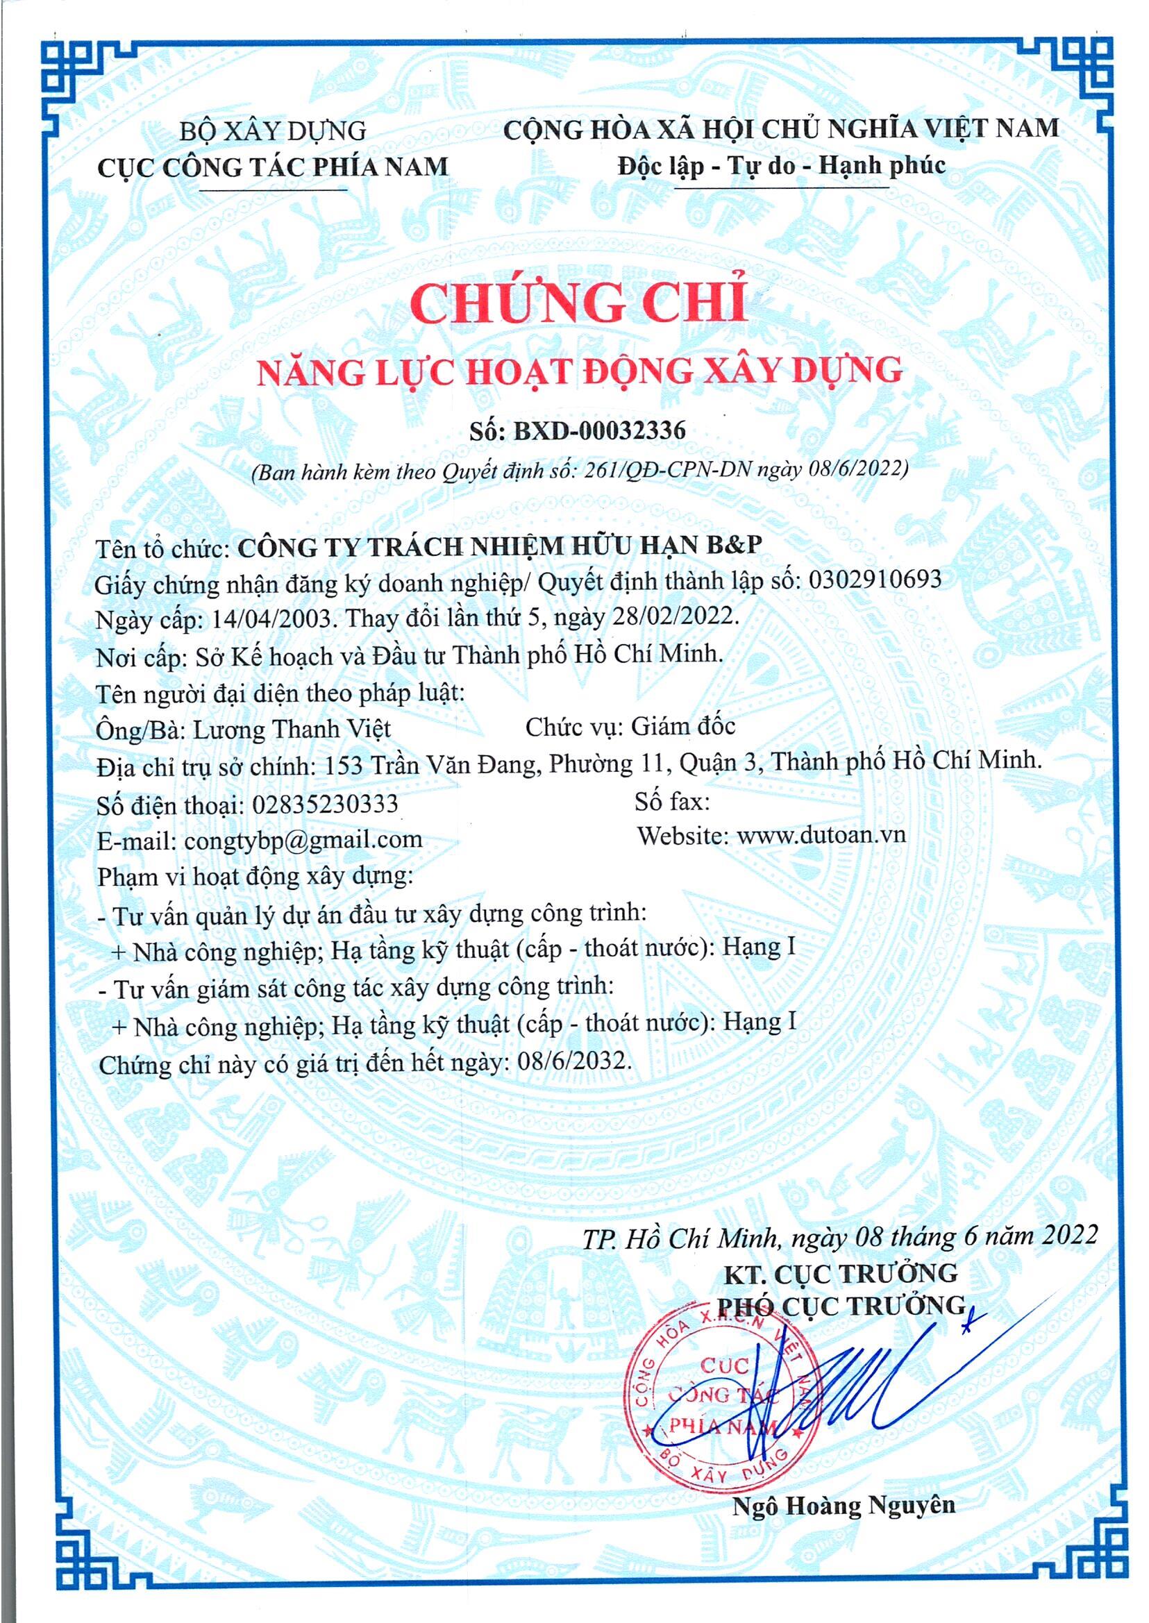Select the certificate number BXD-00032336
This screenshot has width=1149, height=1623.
click(598, 430)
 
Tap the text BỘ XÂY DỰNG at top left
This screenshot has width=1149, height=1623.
click(272, 132)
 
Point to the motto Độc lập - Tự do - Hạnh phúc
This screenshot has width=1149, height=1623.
click(781, 165)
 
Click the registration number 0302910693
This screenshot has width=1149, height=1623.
click(875, 580)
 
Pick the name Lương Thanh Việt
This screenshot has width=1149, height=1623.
click(292, 729)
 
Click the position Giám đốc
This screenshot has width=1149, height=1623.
click(682, 727)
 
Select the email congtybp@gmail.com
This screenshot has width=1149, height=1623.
click(303, 841)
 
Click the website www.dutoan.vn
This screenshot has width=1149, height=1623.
click(821, 835)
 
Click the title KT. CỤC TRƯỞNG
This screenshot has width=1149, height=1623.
click(840, 1275)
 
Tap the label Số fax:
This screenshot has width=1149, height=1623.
click(671, 802)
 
